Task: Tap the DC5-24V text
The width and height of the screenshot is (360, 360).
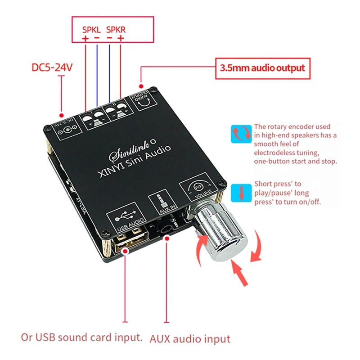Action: point(52,68)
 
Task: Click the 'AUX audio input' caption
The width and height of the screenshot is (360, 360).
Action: point(190,338)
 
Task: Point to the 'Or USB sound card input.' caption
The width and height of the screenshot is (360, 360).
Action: point(82,337)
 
